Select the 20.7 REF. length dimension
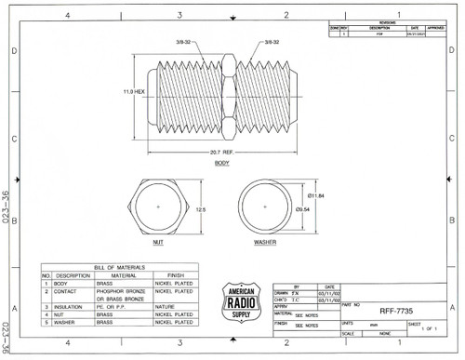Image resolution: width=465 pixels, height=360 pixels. pos(223,151)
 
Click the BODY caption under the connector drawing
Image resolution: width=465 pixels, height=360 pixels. pos(221,163)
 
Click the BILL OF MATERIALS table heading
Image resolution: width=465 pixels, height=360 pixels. pos(119,267)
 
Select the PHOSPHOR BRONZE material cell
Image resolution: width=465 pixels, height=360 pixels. pos(116,291)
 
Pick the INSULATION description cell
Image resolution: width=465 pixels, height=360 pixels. pos(71,306)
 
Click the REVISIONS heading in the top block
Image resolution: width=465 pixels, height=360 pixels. pos(386,22)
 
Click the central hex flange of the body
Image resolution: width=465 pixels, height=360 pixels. pos(223,94)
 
